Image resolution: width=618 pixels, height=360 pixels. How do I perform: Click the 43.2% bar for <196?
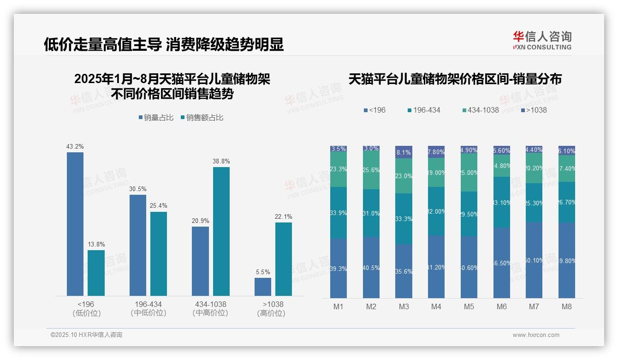pyautogui.click(x=75, y=224)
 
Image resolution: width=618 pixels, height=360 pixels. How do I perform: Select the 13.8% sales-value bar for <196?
pyautogui.click(x=96, y=273)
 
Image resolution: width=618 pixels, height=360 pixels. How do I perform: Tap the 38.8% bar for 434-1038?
pyautogui.click(x=221, y=231)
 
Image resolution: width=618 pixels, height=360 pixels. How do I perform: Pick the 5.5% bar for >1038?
pyautogui.click(x=263, y=287)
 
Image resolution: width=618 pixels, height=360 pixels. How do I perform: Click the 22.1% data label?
pyautogui.click(x=284, y=217)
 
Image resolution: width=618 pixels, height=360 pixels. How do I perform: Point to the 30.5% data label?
pyautogui.click(x=138, y=189)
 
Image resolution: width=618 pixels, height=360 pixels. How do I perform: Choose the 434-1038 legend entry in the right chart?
pyautogui.click(x=480, y=110)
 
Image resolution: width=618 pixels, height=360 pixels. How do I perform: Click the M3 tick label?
pyautogui.click(x=404, y=306)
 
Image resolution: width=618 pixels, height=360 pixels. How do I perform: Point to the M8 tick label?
pyautogui.click(x=567, y=306)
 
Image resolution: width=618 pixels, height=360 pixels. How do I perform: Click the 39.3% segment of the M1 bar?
pyautogui.click(x=339, y=268)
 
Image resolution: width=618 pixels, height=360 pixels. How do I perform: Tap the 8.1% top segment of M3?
pyautogui.click(x=404, y=152)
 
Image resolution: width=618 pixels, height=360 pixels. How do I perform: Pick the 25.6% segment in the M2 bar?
pyautogui.click(x=371, y=170)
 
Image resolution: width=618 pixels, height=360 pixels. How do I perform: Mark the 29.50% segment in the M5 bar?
pyautogui.click(x=469, y=214)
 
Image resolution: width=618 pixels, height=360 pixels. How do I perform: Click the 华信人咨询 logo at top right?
pyautogui.click(x=542, y=40)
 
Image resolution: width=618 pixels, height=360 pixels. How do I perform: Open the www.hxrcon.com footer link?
pyautogui.click(x=536, y=335)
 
